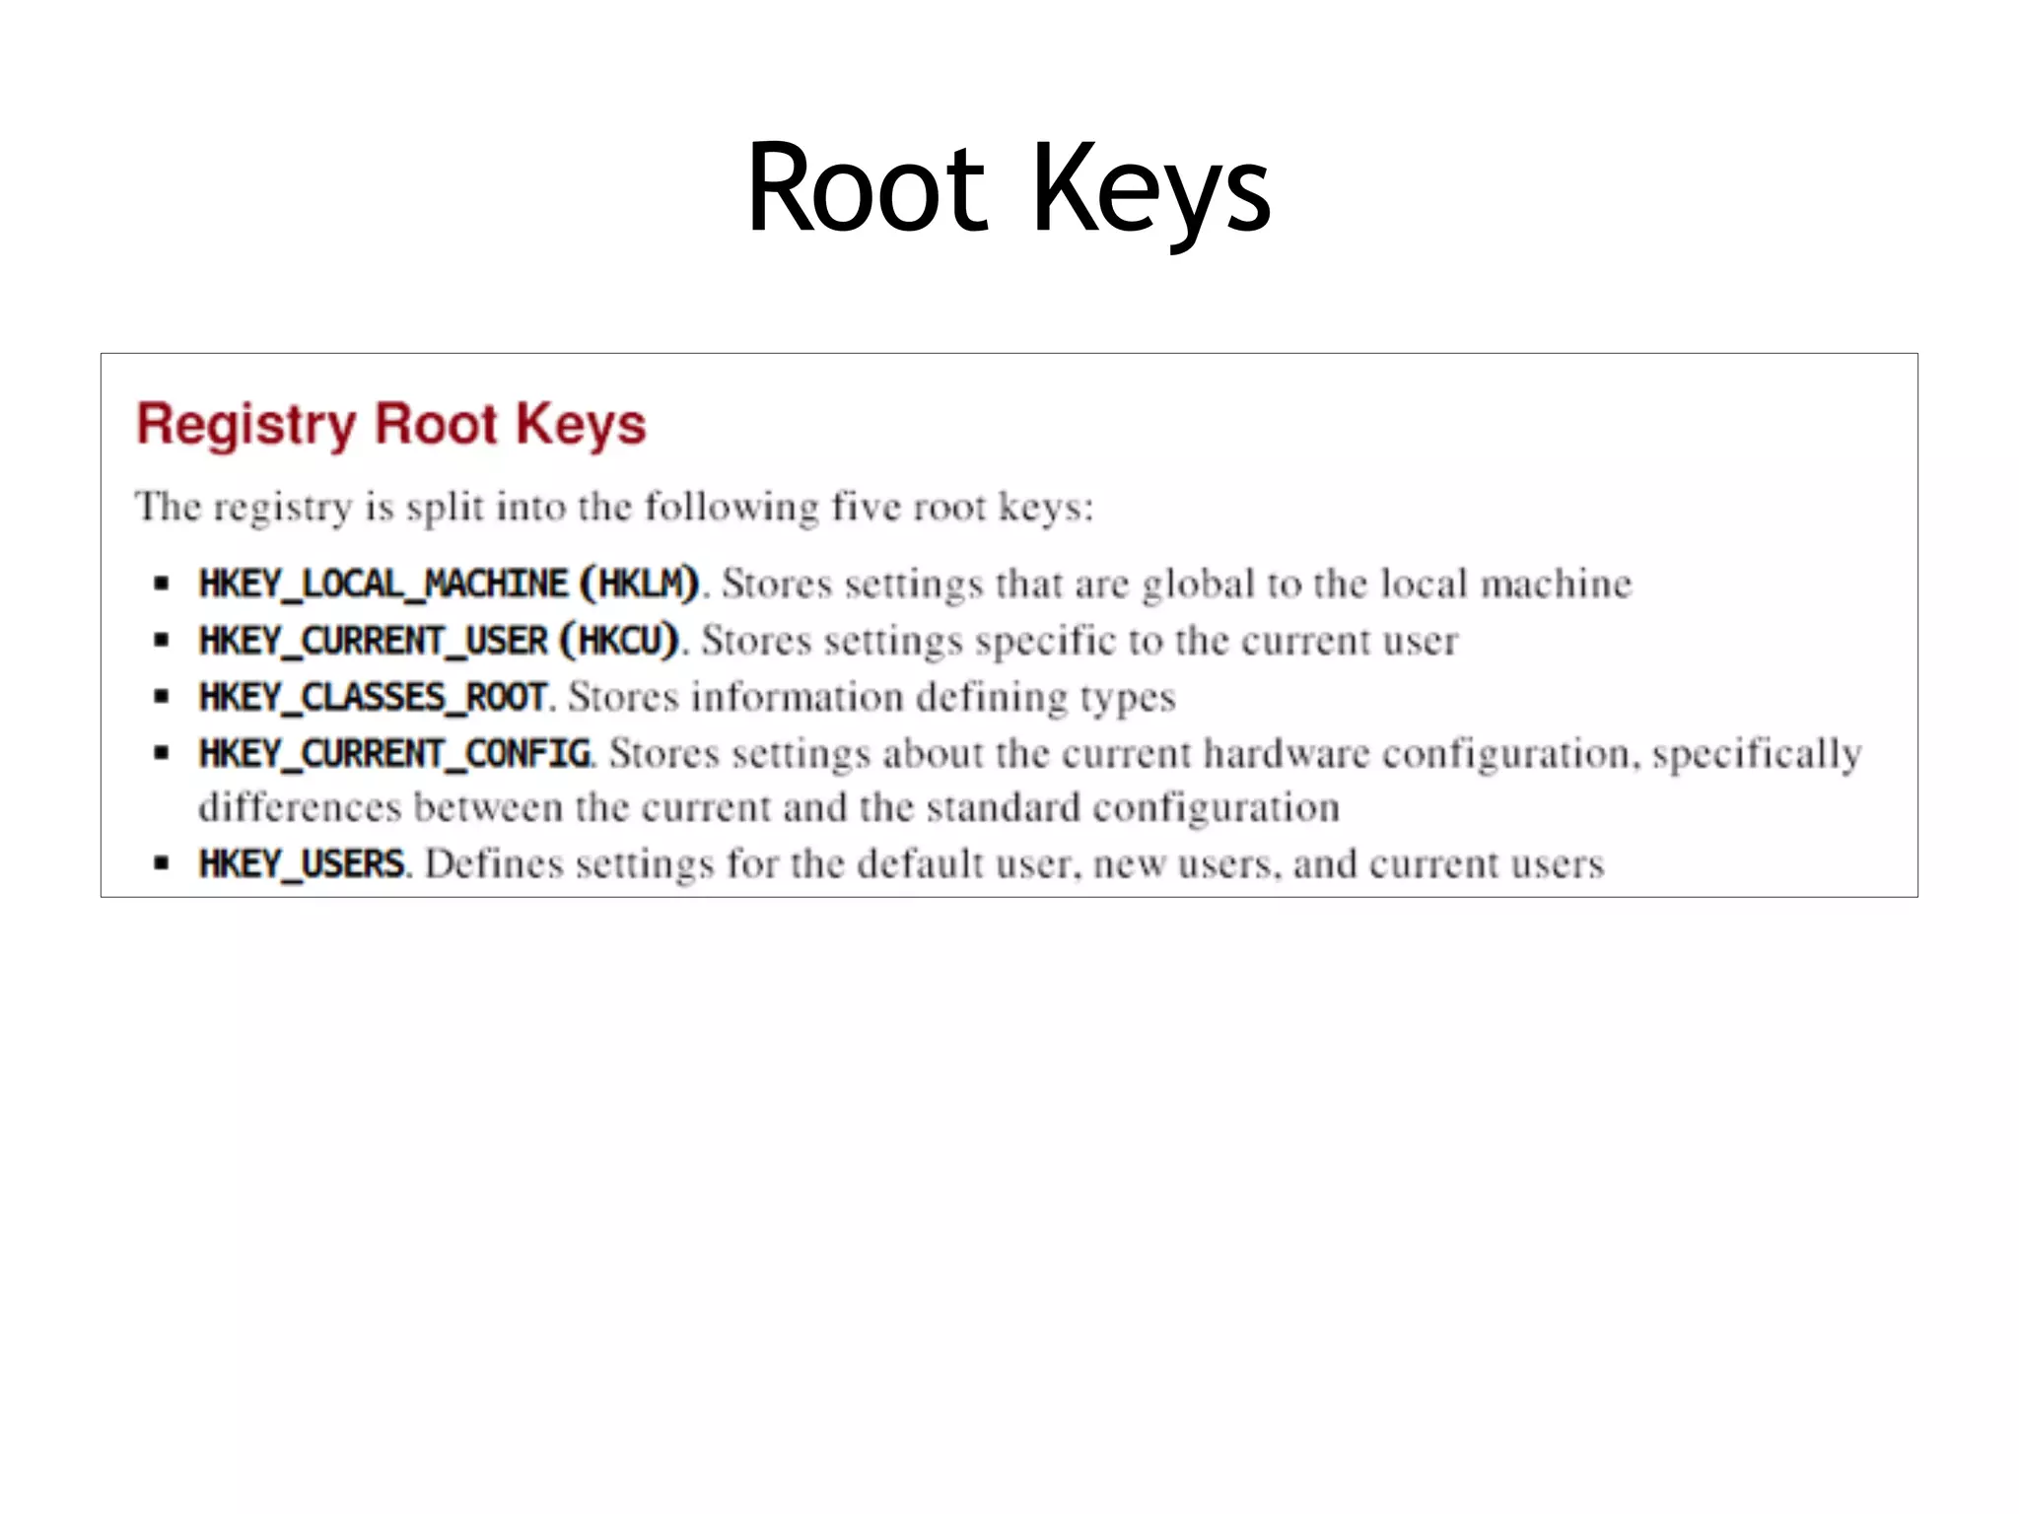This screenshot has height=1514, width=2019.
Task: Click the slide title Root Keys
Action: (x=1009, y=189)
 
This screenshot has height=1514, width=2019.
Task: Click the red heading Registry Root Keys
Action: (x=391, y=425)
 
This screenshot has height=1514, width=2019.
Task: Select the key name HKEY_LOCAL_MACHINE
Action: (x=383, y=584)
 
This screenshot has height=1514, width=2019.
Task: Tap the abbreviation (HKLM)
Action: (x=640, y=584)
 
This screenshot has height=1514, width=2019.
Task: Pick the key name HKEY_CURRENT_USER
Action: (x=373, y=641)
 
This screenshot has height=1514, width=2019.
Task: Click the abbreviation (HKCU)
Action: (x=619, y=641)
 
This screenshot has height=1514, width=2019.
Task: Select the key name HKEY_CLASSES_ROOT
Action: (x=373, y=698)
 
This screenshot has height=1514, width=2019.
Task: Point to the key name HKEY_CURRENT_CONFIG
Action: (x=394, y=754)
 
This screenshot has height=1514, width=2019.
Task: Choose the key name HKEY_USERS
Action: (x=302, y=864)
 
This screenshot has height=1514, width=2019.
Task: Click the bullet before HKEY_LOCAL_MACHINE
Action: (x=162, y=584)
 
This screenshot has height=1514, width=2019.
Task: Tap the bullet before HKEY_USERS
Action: (x=162, y=864)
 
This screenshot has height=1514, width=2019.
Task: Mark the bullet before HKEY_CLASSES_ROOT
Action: (x=162, y=698)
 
